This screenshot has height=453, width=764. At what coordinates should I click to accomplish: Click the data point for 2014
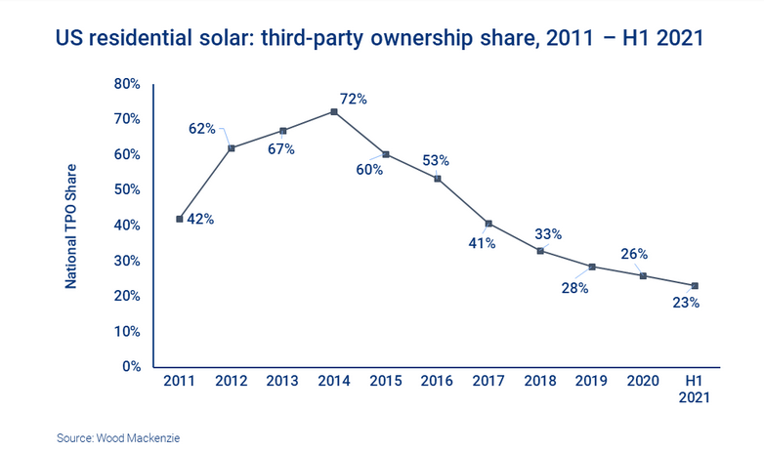pyautogui.click(x=334, y=112)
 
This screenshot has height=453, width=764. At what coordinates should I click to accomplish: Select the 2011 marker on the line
pyautogui.click(x=180, y=219)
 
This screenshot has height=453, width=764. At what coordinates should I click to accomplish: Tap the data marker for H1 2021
pyautogui.click(x=695, y=286)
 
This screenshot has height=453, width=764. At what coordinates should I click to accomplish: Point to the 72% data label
pyautogui.click(x=354, y=99)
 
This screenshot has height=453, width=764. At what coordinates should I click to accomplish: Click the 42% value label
pyautogui.click(x=200, y=220)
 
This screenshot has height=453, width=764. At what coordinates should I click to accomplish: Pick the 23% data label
pyautogui.click(x=686, y=303)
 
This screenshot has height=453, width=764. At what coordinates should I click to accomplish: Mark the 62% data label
pyautogui.click(x=202, y=127)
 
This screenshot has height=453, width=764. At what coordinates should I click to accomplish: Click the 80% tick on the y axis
pyautogui.click(x=127, y=84)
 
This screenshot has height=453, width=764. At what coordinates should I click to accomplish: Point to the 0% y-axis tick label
pyautogui.click(x=131, y=367)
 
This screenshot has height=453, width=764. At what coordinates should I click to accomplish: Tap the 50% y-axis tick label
pyautogui.click(x=127, y=190)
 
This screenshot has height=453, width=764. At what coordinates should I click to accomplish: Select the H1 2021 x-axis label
pyautogui.click(x=695, y=390)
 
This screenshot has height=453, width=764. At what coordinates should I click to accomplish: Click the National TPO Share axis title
pyautogui.click(x=72, y=225)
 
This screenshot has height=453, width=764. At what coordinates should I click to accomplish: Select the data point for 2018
pyautogui.click(x=540, y=251)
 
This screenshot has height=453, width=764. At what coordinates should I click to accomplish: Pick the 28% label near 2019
pyautogui.click(x=574, y=289)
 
